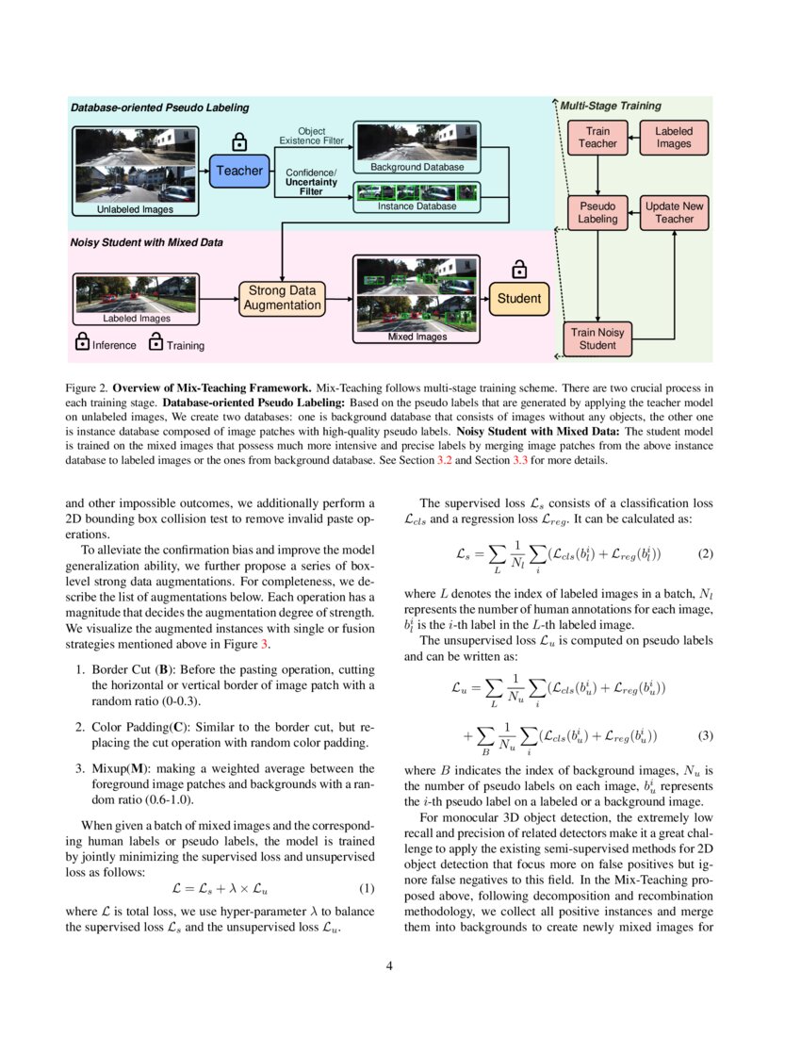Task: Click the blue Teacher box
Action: pyautogui.click(x=239, y=171)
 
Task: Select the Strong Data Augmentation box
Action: pyautogui.click(x=282, y=298)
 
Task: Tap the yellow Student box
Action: pyautogui.click(x=518, y=298)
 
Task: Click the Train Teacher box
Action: pyautogui.click(x=597, y=138)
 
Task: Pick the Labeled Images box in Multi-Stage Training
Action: pyautogui.click(x=674, y=138)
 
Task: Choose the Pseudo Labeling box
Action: pyautogui.click(x=597, y=213)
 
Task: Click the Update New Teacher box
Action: pyautogui.click(x=674, y=213)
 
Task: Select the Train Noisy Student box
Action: pyautogui.click(x=597, y=338)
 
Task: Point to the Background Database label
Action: pyautogui.click(x=416, y=167)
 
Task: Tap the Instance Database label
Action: pyautogui.click(x=417, y=206)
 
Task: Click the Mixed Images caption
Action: pyautogui.click(x=417, y=337)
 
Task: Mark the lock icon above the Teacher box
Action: pyautogui.click(x=239, y=140)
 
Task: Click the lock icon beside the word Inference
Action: pyautogui.click(x=81, y=343)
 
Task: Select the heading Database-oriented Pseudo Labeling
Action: pyautogui.click(x=160, y=107)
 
